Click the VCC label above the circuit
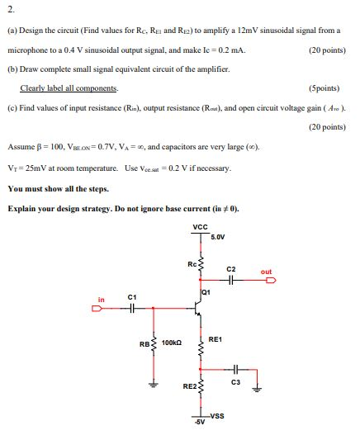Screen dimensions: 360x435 [x=200, y=228]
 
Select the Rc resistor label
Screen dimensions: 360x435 [x=191, y=263]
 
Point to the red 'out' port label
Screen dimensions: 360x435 [x=266, y=272]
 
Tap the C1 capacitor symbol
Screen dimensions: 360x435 [x=131, y=310]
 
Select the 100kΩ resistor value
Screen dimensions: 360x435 [x=173, y=342]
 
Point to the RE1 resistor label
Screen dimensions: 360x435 [x=215, y=338]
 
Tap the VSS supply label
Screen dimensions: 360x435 [x=218, y=414]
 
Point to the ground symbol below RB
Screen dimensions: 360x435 [x=152, y=383]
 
